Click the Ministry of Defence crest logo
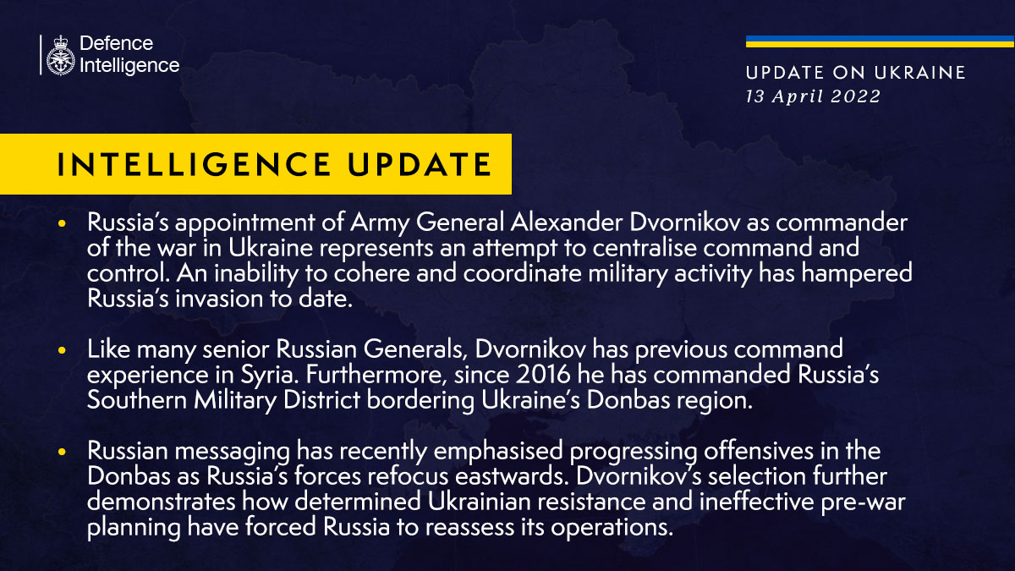pyautogui.click(x=60, y=55)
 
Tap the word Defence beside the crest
pyautogui.click(x=117, y=43)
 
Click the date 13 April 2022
pyautogui.click(x=813, y=96)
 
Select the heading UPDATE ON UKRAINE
pyautogui.click(x=855, y=73)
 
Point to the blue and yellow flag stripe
pyautogui.click(x=880, y=41)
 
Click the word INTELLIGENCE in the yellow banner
pyautogui.click(x=195, y=164)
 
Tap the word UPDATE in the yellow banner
pyautogui.click(x=420, y=164)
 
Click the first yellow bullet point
pyautogui.click(x=62, y=223)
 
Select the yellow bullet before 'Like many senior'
pyautogui.click(x=62, y=350)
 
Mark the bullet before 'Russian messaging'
pyautogui.click(x=62, y=452)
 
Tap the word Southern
pyautogui.click(x=137, y=400)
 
